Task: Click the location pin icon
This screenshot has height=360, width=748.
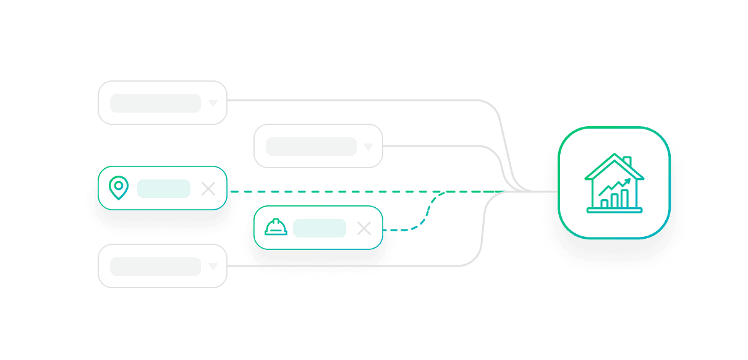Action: click(118, 187)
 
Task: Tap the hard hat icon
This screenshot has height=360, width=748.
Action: click(276, 228)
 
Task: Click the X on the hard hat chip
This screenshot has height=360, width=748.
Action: click(364, 228)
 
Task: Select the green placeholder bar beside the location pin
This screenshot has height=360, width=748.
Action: click(163, 189)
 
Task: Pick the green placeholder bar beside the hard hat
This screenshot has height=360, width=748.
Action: click(319, 228)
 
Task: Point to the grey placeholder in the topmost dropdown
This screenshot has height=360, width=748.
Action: click(155, 103)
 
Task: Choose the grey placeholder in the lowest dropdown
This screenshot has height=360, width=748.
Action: click(155, 267)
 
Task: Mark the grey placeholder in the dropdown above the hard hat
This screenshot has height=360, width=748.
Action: click(311, 147)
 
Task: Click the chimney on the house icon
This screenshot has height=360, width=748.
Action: click(627, 162)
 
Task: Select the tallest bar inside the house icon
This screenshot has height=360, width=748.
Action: click(624, 198)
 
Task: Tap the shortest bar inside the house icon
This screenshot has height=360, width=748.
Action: click(604, 203)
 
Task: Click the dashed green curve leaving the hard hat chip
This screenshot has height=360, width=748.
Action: click(427, 213)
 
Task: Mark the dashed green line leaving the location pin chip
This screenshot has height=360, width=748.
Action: click(340, 192)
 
